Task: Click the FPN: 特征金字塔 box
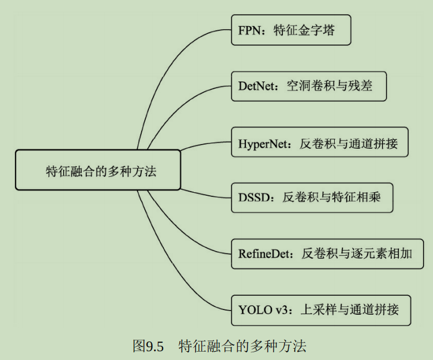[x=291, y=30]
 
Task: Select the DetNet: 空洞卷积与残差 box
[x=309, y=86]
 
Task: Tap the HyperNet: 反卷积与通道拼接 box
[x=319, y=142]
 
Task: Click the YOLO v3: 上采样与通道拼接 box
[x=321, y=309]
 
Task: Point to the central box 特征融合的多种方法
[x=97, y=170]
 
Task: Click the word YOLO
[x=254, y=310]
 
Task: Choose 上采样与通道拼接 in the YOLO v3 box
[x=348, y=310]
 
